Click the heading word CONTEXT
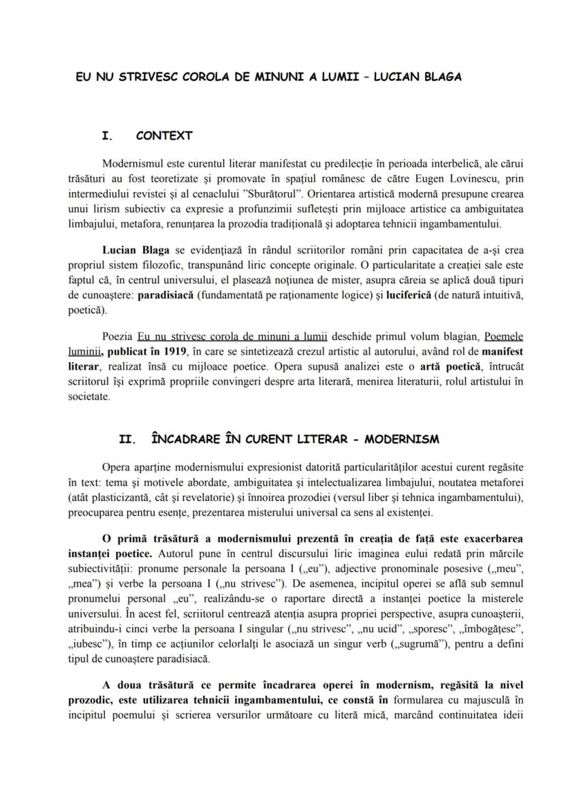point(163,136)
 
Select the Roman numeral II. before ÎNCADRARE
point(128,439)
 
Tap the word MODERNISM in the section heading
point(402,439)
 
